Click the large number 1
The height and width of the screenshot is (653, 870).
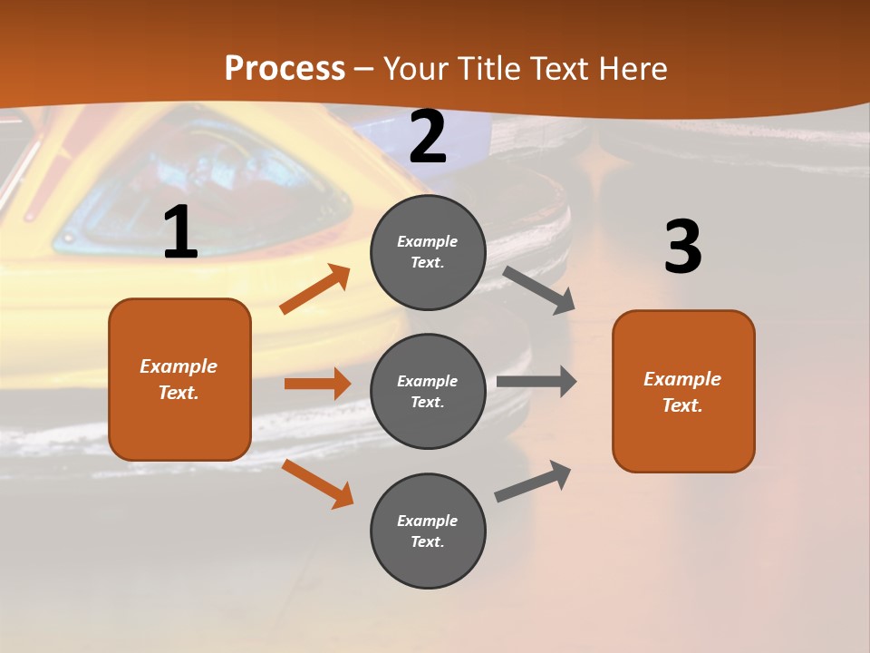[180, 233]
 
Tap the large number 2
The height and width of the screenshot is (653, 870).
[428, 137]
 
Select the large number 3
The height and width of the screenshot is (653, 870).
[682, 247]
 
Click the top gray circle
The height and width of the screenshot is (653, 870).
[428, 252]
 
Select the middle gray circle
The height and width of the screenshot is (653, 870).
[428, 392]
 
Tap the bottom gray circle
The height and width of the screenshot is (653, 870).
[428, 531]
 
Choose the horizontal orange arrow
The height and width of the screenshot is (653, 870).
[317, 384]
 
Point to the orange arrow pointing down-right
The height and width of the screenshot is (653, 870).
[317, 483]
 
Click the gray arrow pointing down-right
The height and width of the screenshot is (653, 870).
[539, 289]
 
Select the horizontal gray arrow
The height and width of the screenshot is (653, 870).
[536, 382]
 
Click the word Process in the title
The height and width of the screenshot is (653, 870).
[285, 69]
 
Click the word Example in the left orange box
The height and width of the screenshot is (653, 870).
[179, 366]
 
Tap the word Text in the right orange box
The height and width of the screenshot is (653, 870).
[681, 405]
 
